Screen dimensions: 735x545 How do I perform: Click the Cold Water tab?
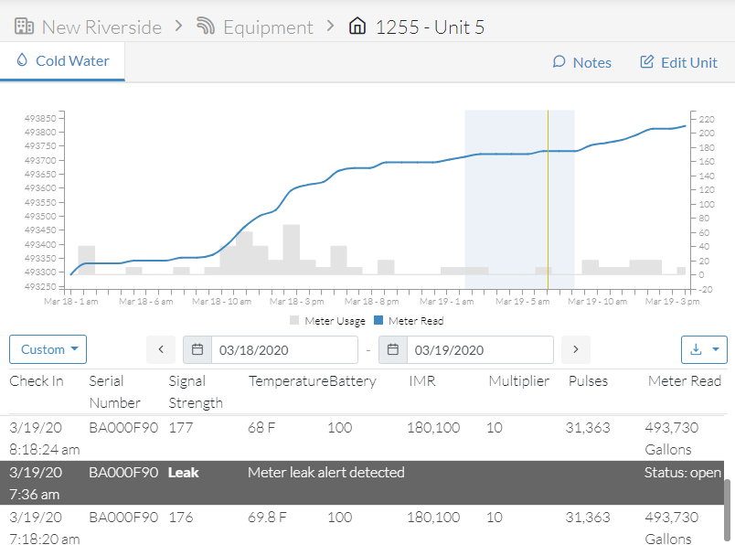click(62, 61)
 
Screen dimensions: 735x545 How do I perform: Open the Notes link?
click(581, 62)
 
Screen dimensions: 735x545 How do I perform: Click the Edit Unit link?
click(678, 62)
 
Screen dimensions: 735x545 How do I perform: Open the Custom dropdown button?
click(48, 349)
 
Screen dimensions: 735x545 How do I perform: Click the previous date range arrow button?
click(161, 349)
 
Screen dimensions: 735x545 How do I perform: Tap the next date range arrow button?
click(576, 349)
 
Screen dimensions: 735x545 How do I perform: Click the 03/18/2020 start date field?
click(284, 350)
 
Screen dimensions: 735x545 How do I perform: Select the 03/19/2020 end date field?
click(480, 350)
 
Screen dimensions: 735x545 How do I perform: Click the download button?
click(704, 349)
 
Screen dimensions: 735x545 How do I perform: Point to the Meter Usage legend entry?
click(327, 321)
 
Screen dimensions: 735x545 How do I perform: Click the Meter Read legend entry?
click(409, 321)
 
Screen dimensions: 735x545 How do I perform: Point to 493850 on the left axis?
click(40, 118)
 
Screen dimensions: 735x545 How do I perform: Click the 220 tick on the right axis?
click(707, 119)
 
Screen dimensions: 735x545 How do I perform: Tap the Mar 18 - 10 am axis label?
click(222, 302)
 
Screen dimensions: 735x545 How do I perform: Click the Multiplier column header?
click(519, 380)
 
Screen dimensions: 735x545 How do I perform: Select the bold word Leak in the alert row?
click(183, 472)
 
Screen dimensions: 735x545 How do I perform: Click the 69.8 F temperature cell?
click(267, 517)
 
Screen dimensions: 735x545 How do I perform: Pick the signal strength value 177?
click(181, 427)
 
